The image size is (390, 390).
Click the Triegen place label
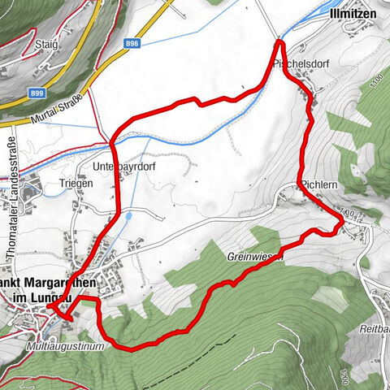point(77,184)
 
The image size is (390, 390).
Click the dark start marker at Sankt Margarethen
point(50,308)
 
